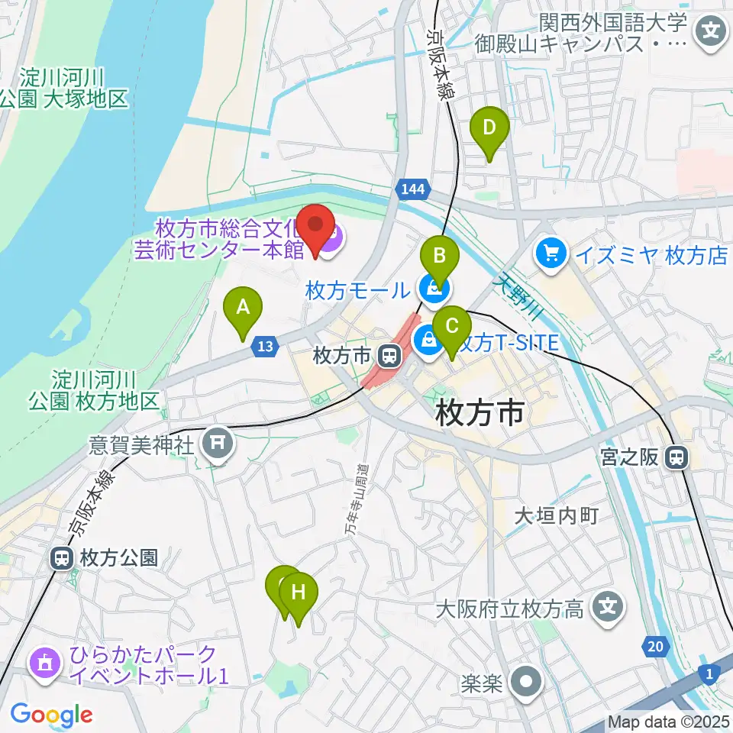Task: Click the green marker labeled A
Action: click(243, 308)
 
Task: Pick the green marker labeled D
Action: click(489, 128)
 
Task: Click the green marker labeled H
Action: click(299, 593)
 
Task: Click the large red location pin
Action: click(316, 227)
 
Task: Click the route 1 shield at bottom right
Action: click(709, 673)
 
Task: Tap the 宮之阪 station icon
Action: click(676, 458)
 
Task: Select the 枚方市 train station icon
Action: click(389, 355)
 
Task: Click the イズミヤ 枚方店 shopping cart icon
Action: click(550, 254)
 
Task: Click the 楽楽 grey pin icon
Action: click(527, 682)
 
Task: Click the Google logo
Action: click(51, 714)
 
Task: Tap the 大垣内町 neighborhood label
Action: click(556, 516)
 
